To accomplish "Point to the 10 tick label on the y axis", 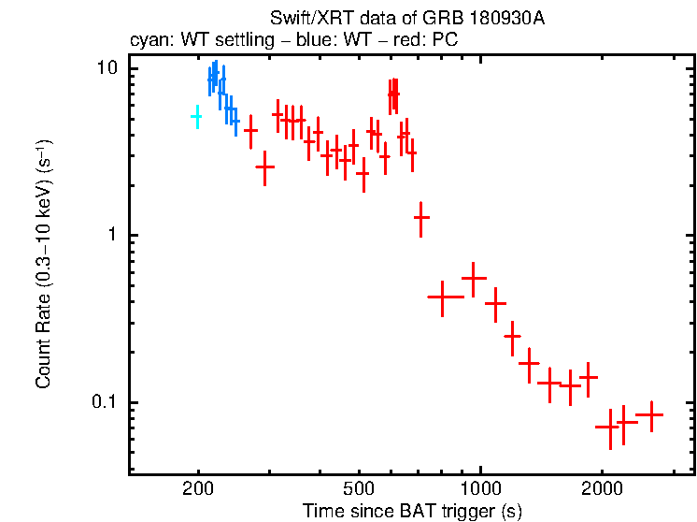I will point(107,69).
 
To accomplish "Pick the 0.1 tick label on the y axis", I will point(106,402).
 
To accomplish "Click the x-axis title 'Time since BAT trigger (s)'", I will point(412,512).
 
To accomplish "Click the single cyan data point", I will point(196,116).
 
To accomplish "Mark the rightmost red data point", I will point(648,414).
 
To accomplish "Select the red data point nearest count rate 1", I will point(421,217).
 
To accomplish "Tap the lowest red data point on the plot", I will point(610,428).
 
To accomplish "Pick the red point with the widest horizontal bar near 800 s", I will point(446,297).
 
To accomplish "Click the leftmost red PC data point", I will point(250,131).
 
